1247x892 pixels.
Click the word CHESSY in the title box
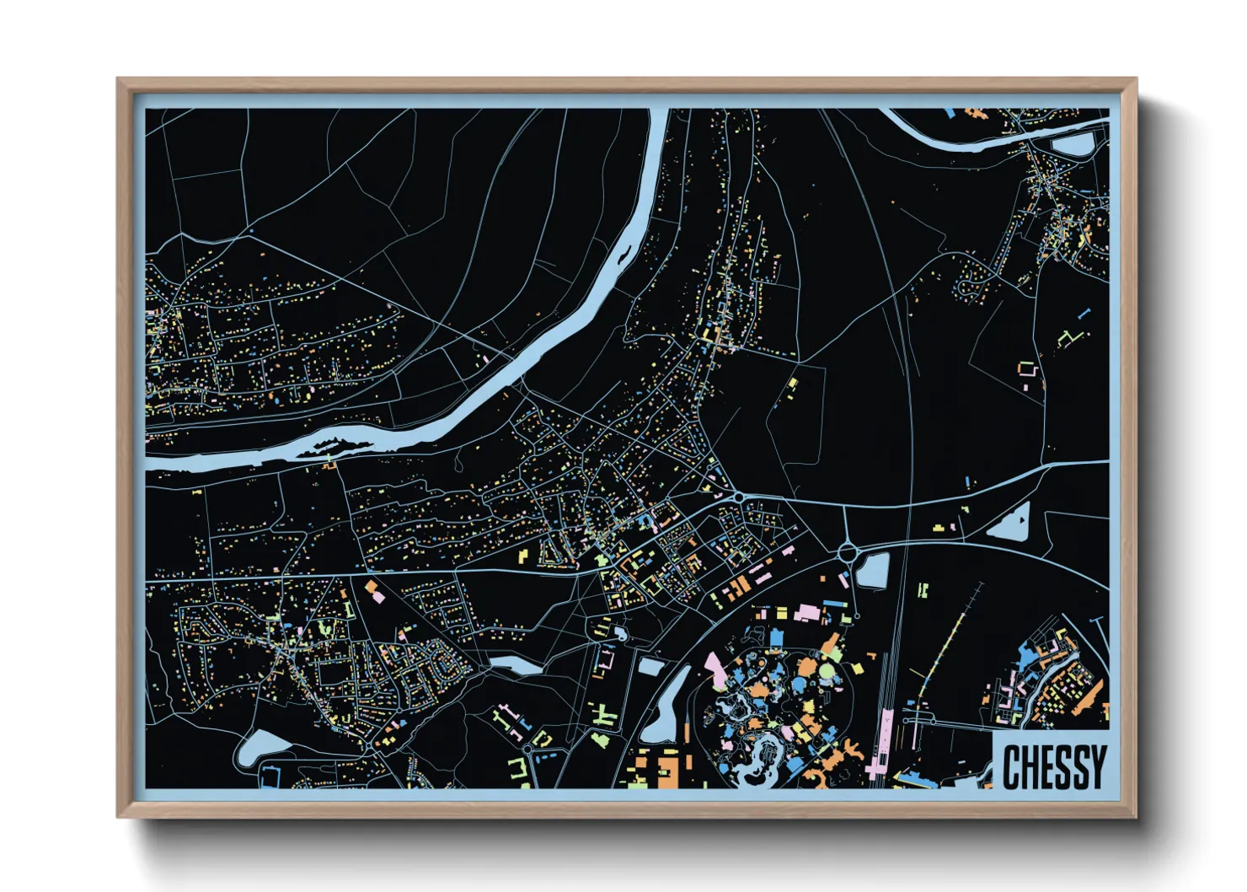click(1053, 766)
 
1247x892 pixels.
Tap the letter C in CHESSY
click(1011, 766)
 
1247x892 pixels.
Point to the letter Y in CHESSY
click(1096, 766)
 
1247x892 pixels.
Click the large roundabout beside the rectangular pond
click(848, 553)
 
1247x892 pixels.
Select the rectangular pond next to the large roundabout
click(873, 571)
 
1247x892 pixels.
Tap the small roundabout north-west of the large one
click(739, 497)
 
